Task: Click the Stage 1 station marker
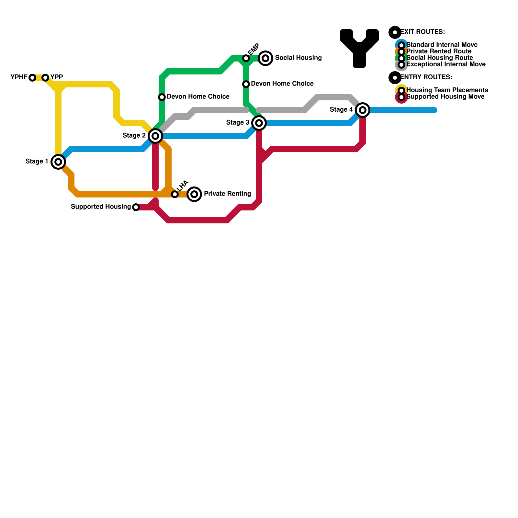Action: [58, 162]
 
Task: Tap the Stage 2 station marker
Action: [155, 136]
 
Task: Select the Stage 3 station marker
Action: [259, 123]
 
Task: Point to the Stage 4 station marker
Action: [363, 110]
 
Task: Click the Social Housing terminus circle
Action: [265, 58]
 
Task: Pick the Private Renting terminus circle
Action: [194, 194]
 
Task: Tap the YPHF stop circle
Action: [32, 78]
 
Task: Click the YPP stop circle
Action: [45, 78]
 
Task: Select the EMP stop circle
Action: [246, 58]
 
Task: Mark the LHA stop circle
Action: [175, 194]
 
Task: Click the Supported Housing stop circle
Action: [136, 207]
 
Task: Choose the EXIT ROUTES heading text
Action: [422, 32]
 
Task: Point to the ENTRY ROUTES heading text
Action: [426, 77]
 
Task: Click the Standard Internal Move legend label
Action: [442, 45]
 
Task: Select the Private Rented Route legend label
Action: [439, 51]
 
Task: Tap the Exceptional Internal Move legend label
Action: [446, 64]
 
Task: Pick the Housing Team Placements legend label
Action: [447, 90]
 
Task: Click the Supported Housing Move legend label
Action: [445, 97]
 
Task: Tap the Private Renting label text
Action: [227, 194]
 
